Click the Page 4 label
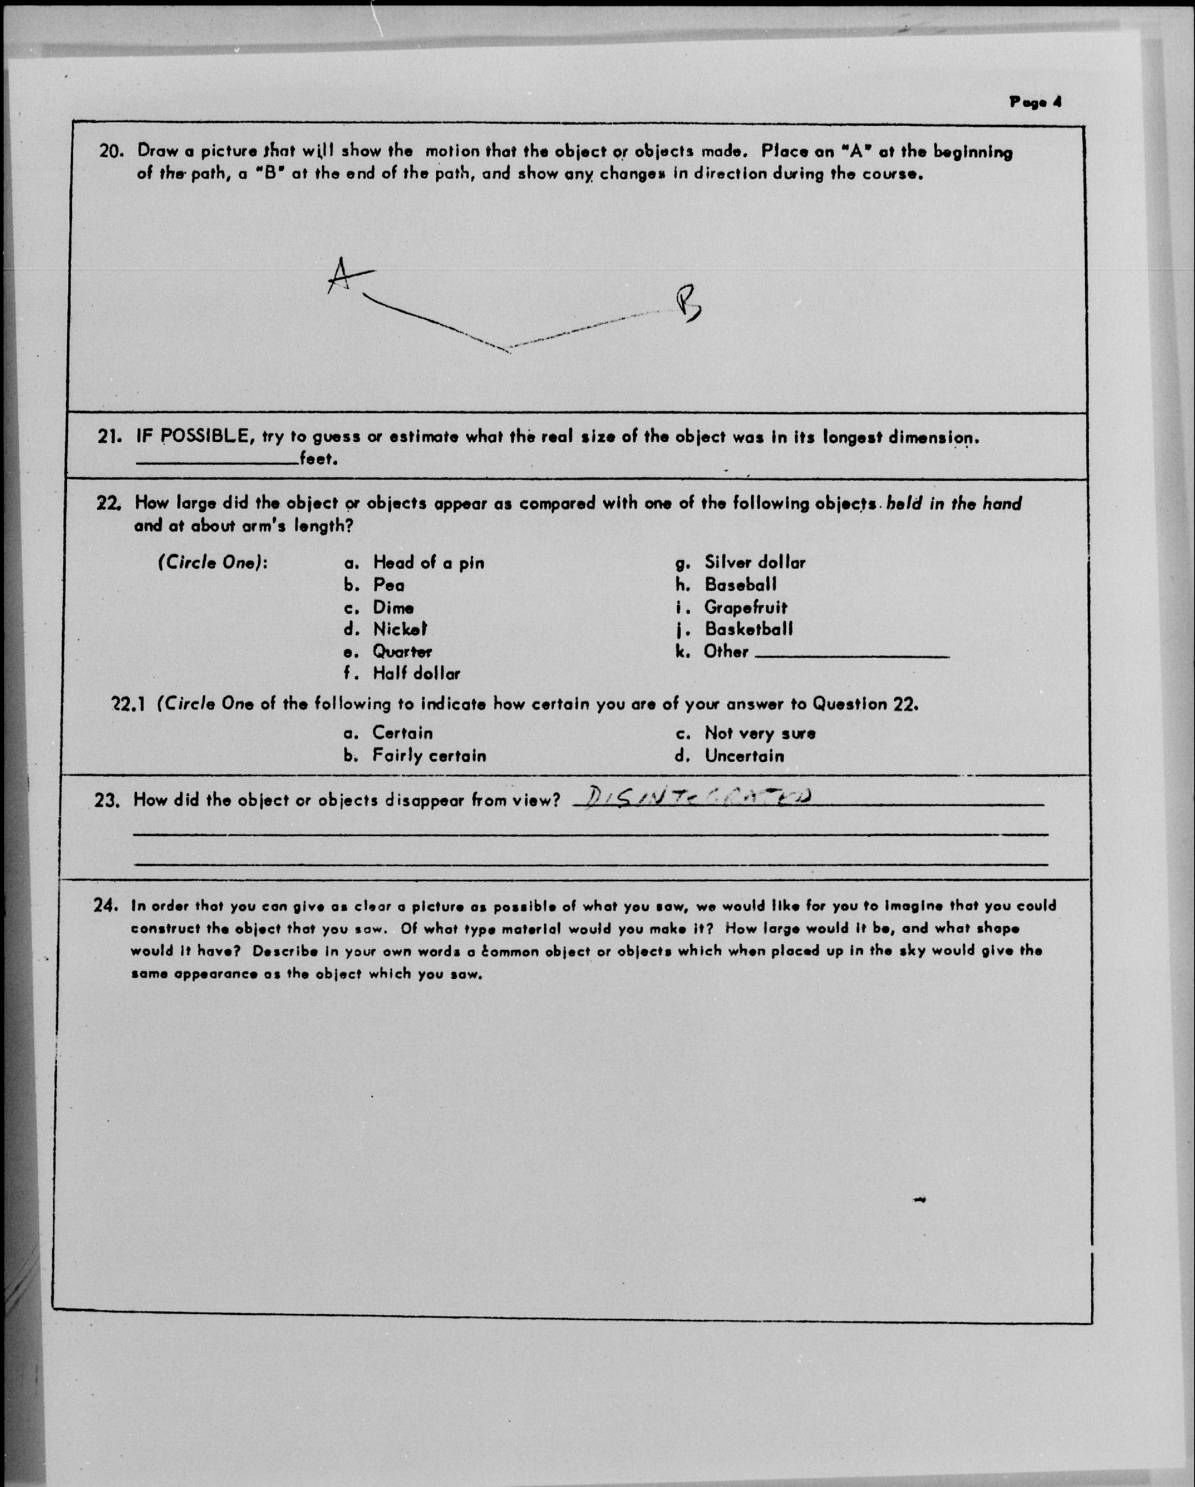[1035, 102]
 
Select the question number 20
[111, 151]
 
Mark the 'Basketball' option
[749, 629]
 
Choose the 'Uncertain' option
[744, 756]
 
